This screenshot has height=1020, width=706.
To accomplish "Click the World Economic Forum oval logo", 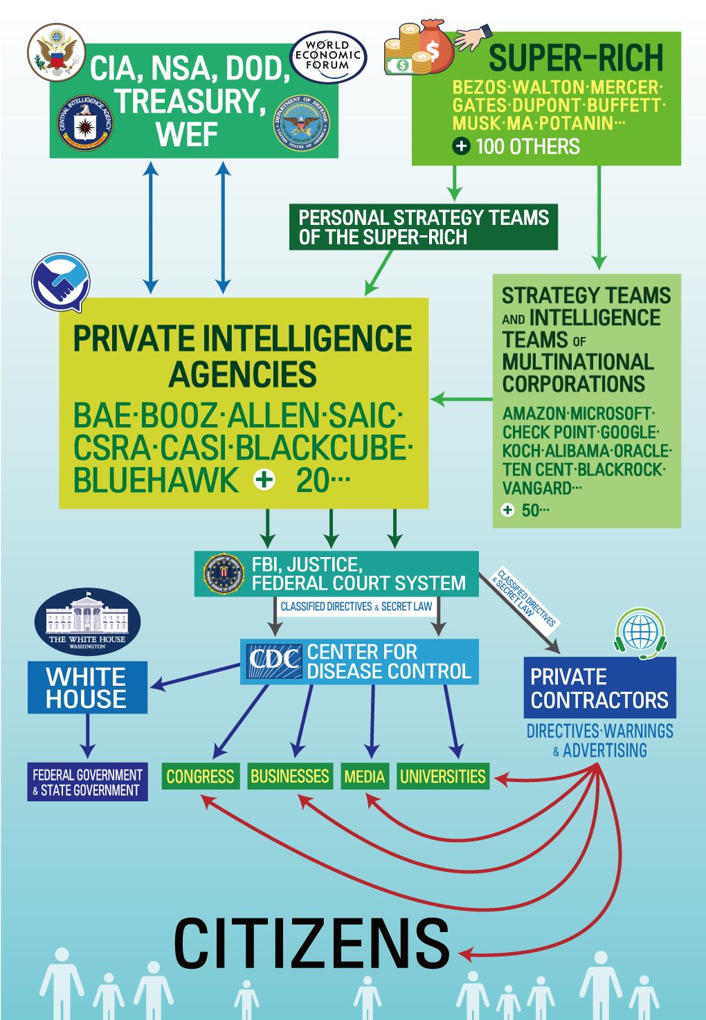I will click(328, 56).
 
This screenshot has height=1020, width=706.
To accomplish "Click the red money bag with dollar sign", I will click(432, 48).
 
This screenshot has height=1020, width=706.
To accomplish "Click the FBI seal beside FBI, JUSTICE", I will click(224, 574).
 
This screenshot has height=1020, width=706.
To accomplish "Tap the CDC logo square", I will click(275, 661).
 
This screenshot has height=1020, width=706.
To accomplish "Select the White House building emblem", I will click(87, 621).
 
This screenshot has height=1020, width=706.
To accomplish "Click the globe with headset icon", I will click(640, 632).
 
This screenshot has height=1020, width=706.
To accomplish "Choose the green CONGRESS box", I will click(201, 776).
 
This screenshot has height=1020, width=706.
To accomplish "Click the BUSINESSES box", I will click(290, 776).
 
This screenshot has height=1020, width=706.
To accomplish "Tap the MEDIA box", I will click(364, 776).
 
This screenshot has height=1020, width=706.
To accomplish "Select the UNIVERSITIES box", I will click(443, 776).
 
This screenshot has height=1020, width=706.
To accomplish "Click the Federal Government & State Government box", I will click(87, 782).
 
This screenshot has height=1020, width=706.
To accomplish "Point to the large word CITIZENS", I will click(311, 944).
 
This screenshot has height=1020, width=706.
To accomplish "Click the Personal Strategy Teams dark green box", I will click(423, 227).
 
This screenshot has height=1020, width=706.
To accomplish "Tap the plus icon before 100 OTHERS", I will click(461, 147).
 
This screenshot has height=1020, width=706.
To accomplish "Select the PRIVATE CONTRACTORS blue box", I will click(599, 688).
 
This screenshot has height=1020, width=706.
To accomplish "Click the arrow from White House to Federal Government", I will click(87, 736).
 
